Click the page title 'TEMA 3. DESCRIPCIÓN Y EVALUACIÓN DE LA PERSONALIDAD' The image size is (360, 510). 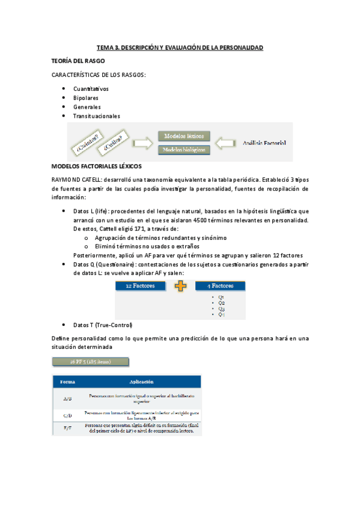(180, 48)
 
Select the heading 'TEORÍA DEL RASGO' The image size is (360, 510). (79, 61)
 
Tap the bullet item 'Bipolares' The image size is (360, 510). (86, 98)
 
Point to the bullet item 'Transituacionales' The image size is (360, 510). (96, 116)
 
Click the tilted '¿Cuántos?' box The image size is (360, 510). (87, 143)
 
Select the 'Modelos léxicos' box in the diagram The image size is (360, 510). (183, 136)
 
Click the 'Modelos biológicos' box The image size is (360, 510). (183, 149)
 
